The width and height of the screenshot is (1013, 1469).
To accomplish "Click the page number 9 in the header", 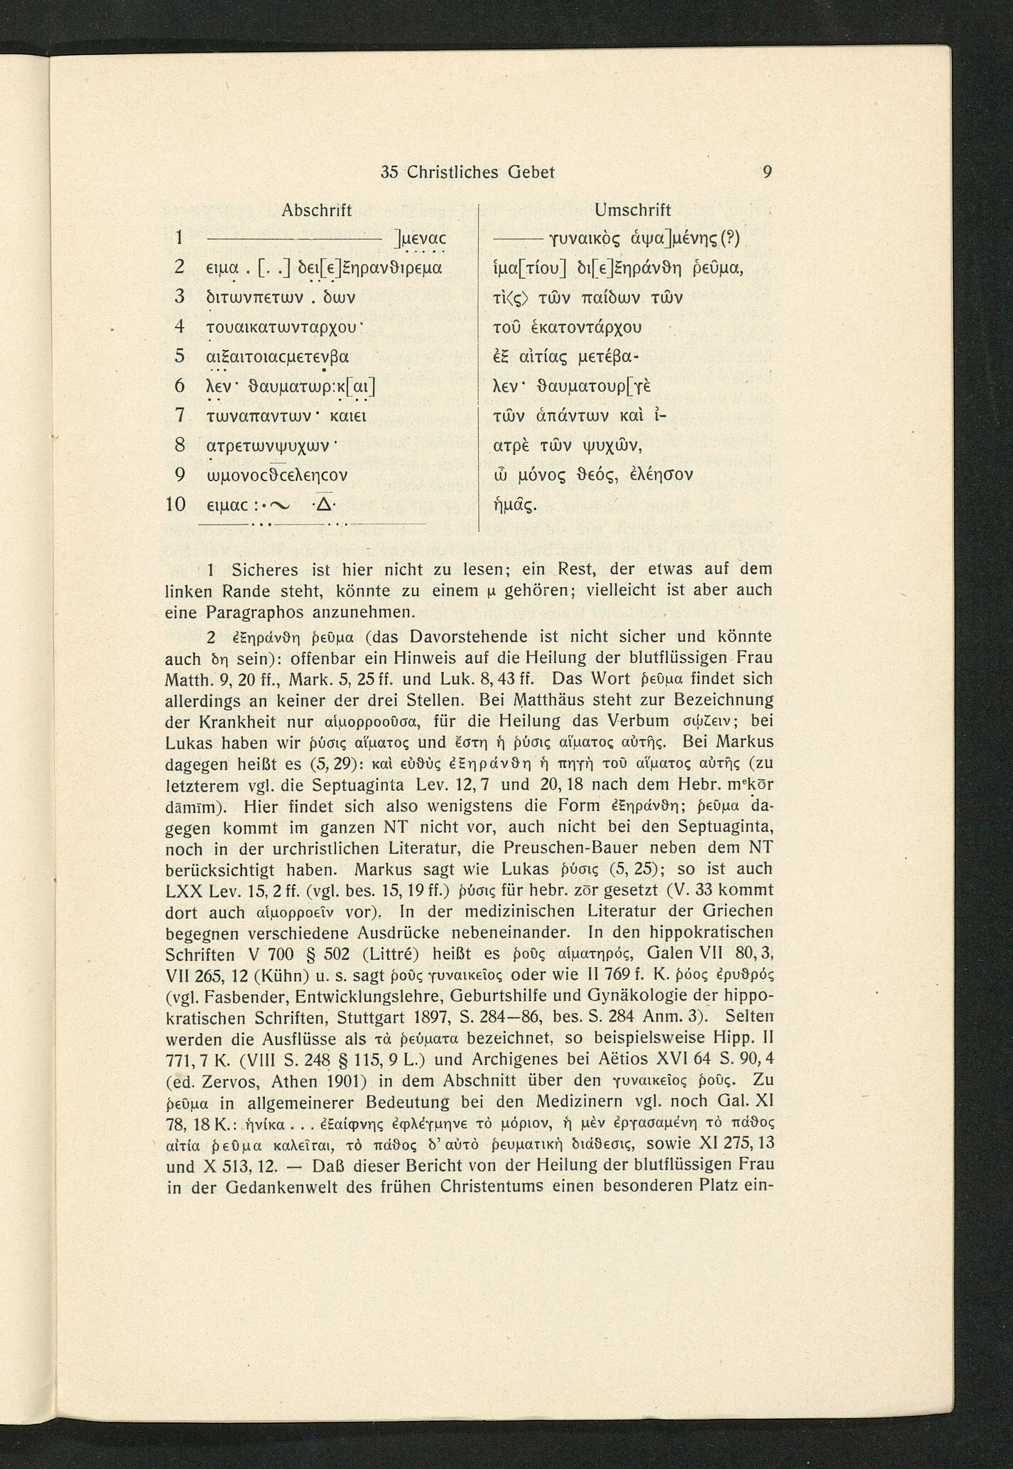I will [x=767, y=172].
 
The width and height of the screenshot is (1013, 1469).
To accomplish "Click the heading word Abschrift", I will [x=316, y=210].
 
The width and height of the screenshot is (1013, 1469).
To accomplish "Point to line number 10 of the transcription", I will [x=175, y=505].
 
